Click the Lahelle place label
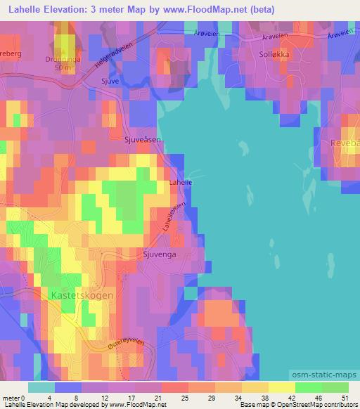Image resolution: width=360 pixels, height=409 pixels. point(181,183)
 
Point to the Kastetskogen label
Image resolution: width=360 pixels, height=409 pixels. point(82,296)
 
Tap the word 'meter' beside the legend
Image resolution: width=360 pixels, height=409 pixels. point(11,397)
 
